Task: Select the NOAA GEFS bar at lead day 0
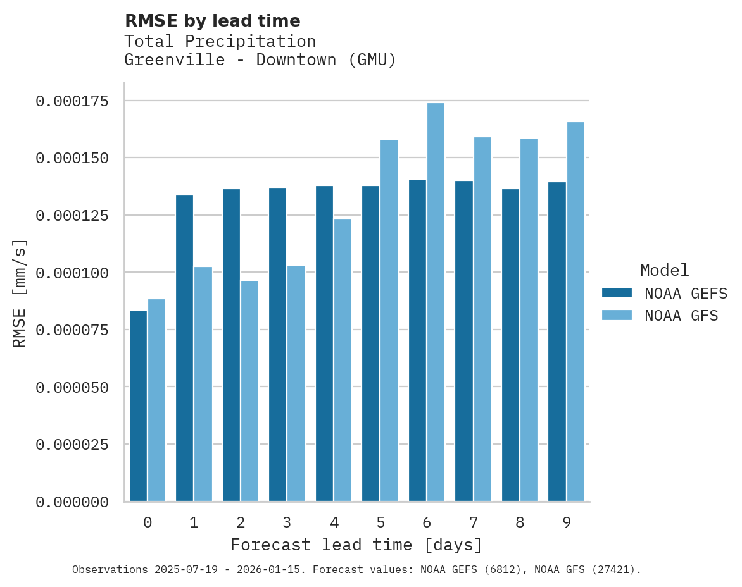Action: point(138,405)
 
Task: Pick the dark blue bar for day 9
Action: point(557,342)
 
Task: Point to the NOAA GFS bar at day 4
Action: point(343,360)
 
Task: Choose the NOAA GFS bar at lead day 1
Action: point(203,384)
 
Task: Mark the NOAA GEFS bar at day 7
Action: point(464,341)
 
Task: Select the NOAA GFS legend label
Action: point(681,315)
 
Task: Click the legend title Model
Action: point(664,270)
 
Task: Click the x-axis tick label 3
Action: point(287,522)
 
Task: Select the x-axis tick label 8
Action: point(520,522)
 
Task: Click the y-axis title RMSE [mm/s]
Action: point(20,293)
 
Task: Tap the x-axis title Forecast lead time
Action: point(356,545)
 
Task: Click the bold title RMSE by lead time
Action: point(212,21)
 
